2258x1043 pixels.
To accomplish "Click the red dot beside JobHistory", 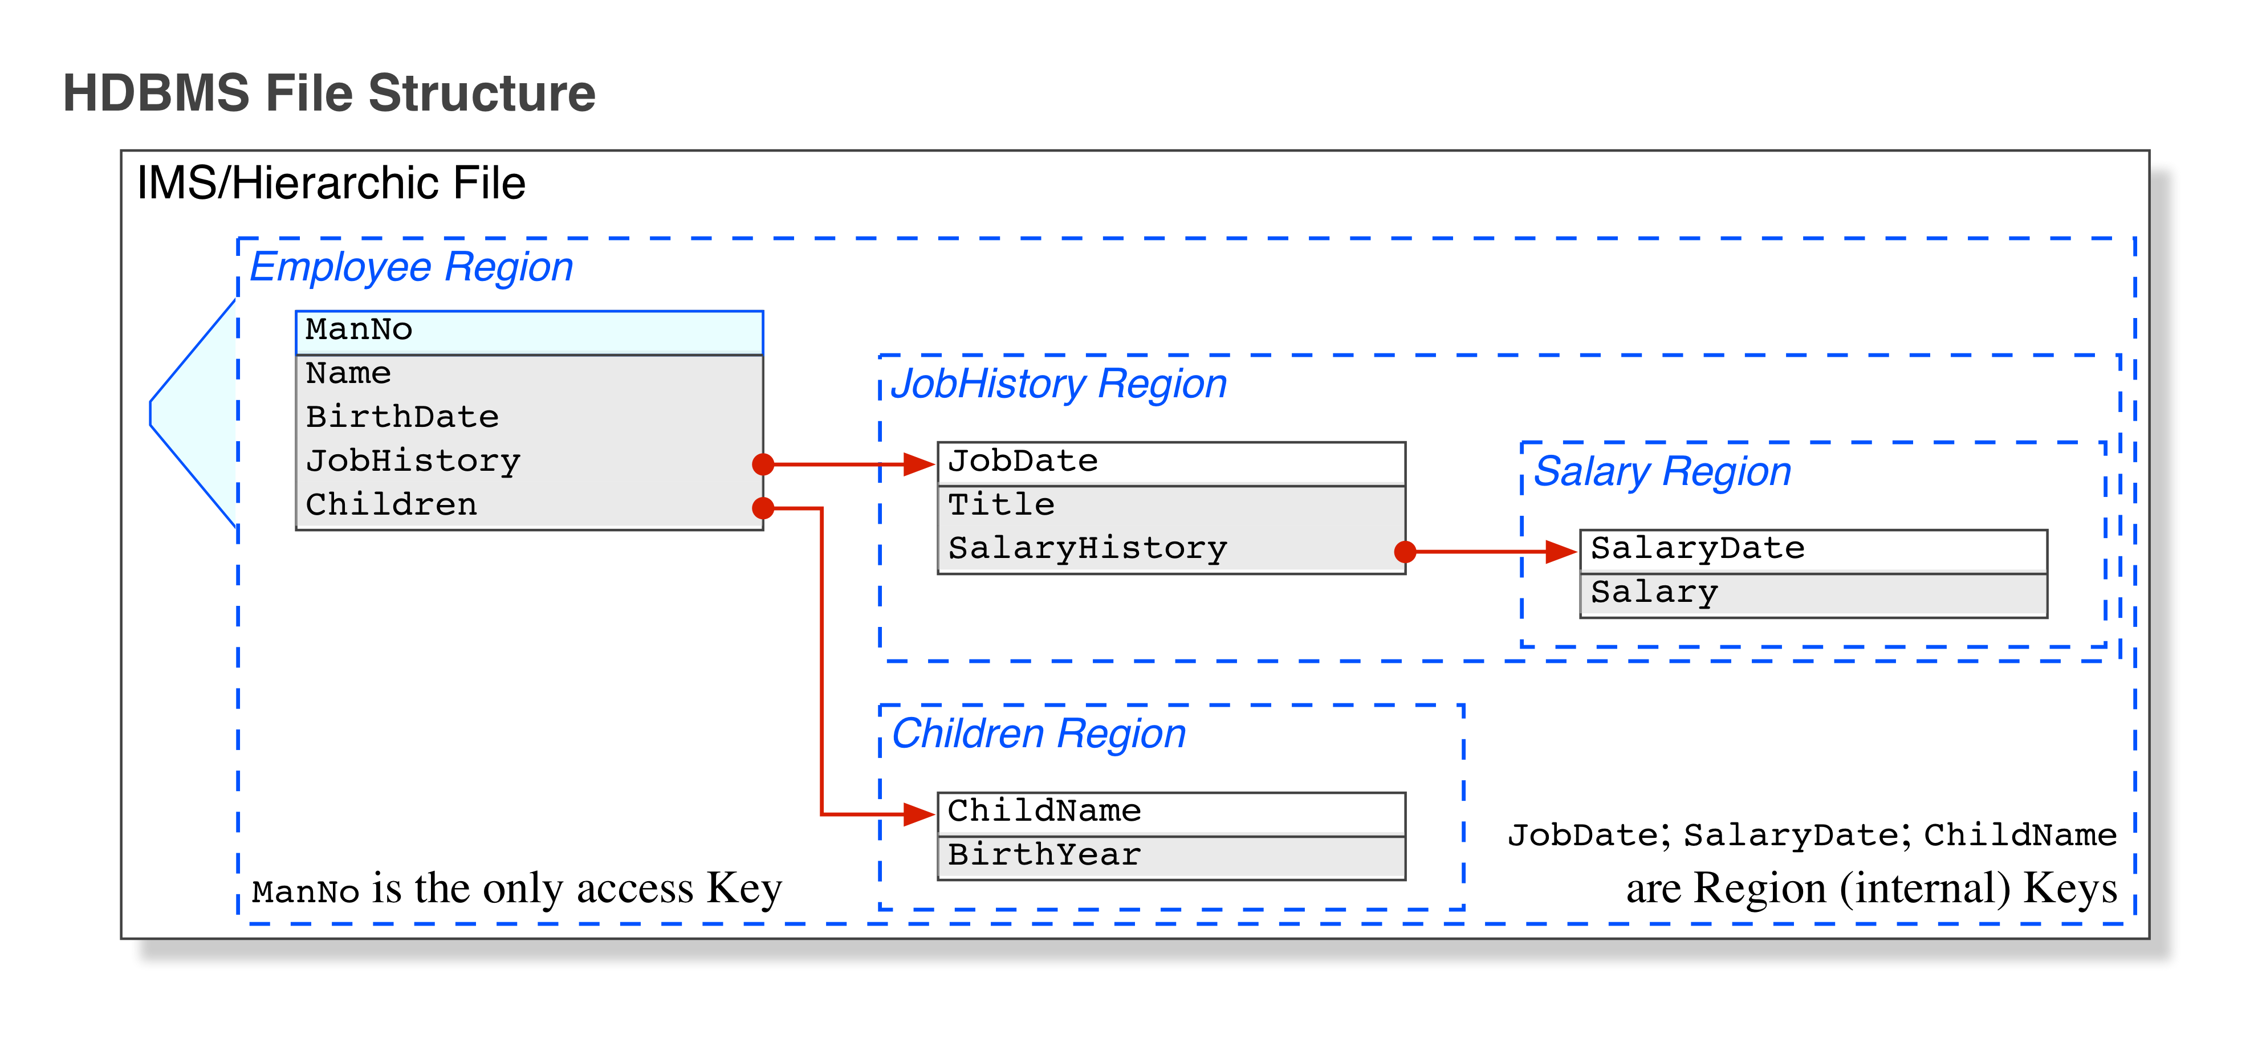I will click(x=763, y=464).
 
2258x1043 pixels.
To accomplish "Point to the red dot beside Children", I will click(x=763, y=507).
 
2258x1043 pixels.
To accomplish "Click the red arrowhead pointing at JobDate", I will click(x=918, y=464).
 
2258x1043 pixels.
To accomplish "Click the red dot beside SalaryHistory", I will click(x=1405, y=551).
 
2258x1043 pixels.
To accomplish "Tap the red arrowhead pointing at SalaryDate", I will click(x=1561, y=551).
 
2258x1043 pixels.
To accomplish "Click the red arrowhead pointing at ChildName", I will click(x=918, y=814).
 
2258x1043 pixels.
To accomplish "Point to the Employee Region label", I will click(x=411, y=267).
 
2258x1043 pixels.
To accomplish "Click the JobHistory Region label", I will click(x=1058, y=385).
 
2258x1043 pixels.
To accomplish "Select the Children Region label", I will click(x=1038, y=735).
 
